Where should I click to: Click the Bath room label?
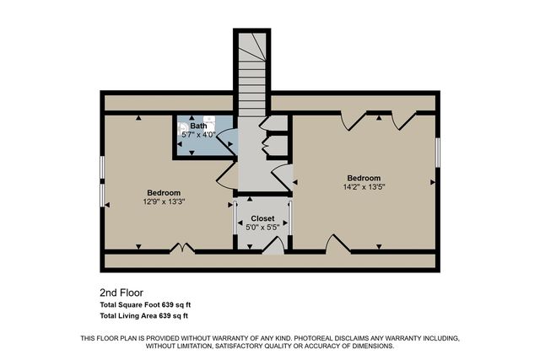pyautogui.click(x=199, y=126)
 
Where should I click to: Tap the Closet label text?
pyautogui.click(x=262, y=218)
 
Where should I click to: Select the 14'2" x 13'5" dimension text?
pyautogui.click(x=364, y=187)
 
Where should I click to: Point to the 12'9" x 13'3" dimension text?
pyautogui.click(x=164, y=202)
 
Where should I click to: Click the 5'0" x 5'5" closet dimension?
pyautogui.click(x=262, y=228)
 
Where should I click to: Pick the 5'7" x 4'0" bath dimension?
pyautogui.click(x=199, y=135)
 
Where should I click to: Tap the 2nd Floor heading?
pyautogui.click(x=121, y=293)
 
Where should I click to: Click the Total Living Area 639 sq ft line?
pyautogui.click(x=144, y=315)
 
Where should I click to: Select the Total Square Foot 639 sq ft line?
pyautogui.click(x=145, y=305)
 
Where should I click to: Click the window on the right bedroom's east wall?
pyautogui.click(x=438, y=153)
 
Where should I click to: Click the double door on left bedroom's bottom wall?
pyautogui.click(x=182, y=248)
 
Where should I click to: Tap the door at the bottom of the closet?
pyautogui.click(x=273, y=246)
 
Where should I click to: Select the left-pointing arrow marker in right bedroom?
pyautogui.click(x=295, y=182)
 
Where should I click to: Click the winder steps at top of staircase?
pyautogui.click(x=252, y=46)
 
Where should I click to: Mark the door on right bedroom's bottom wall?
pyautogui.click(x=338, y=244)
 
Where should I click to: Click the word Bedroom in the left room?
pyautogui.click(x=164, y=193)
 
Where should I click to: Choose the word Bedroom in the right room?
pyautogui.click(x=364, y=178)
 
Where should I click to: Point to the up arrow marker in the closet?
pyautogui.click(x=251, y=199)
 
